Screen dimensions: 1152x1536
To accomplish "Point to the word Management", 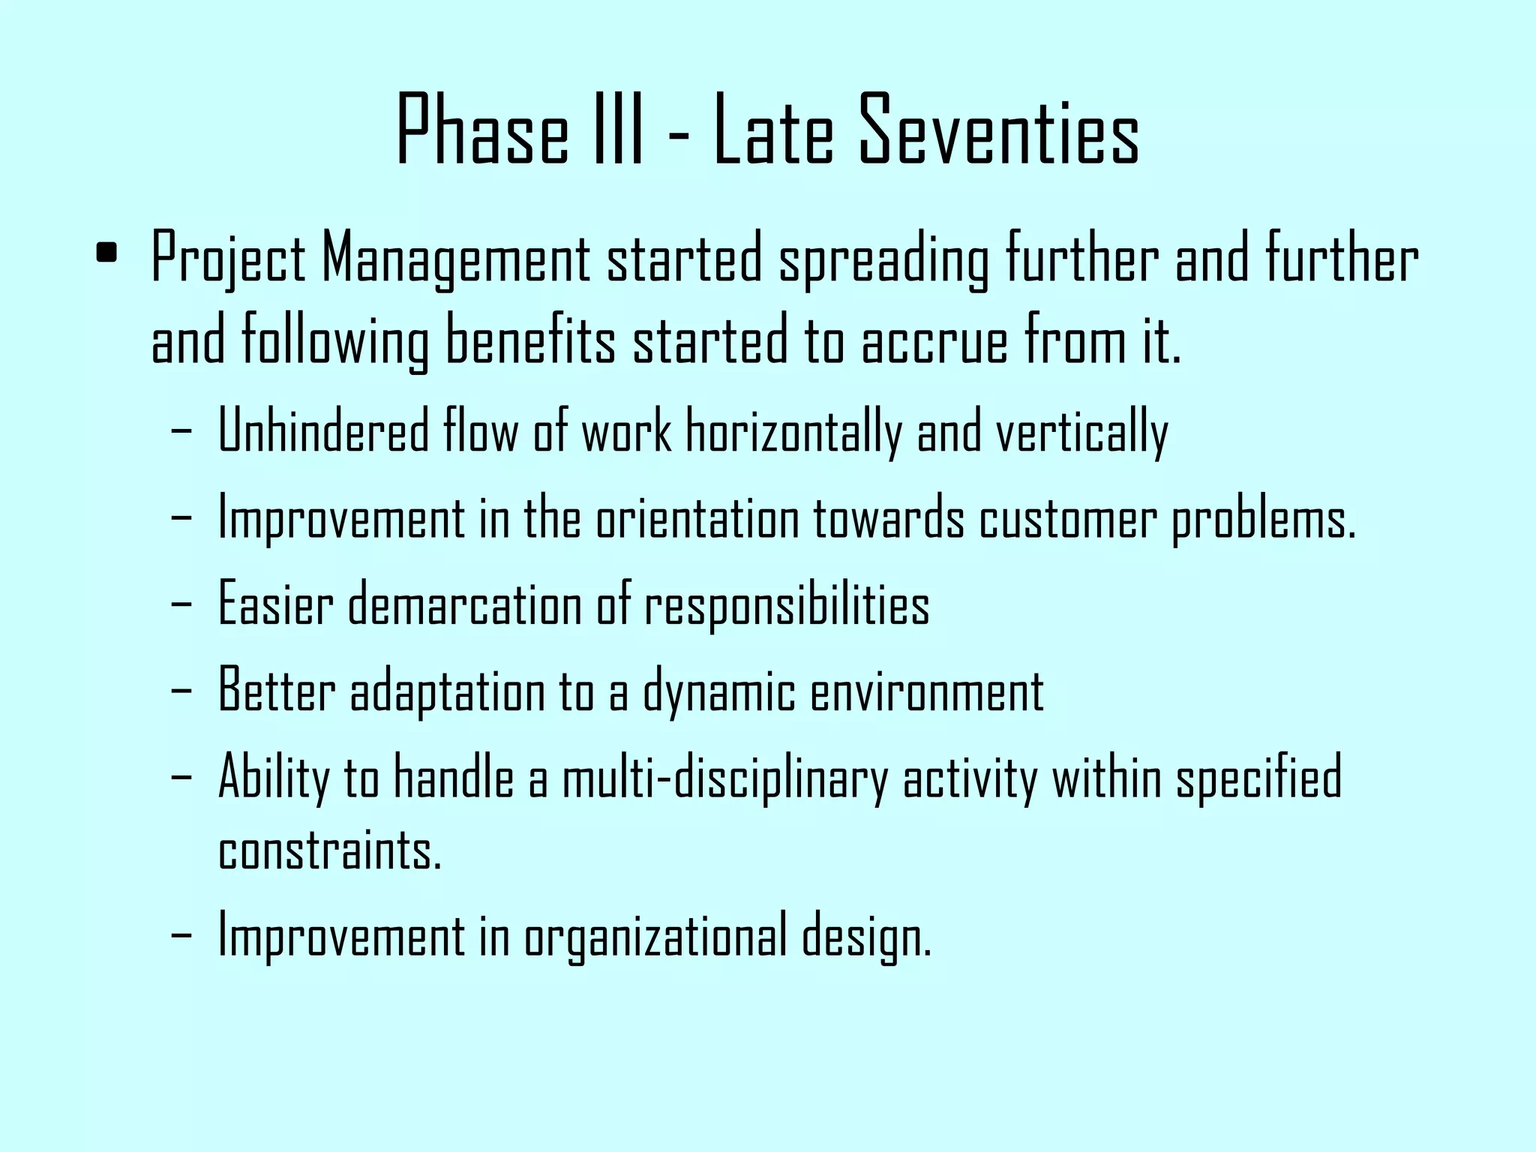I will pyautogui.click(x=455, y=259).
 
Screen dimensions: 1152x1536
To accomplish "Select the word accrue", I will pyautogui.click(x=934, y=341).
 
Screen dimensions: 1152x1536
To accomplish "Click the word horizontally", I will pyautogui.click(x=793, y=432).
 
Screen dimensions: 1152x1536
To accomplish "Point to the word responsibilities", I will pyautogui.click(x=787, y=606).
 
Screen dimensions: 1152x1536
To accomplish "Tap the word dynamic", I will pyautogui.click(x=718, y=692).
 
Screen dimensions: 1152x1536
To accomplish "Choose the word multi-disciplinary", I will pyautogui.click(x=724, y=778).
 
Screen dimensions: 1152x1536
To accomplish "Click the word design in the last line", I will pyautogui.click(x=865, y=937).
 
